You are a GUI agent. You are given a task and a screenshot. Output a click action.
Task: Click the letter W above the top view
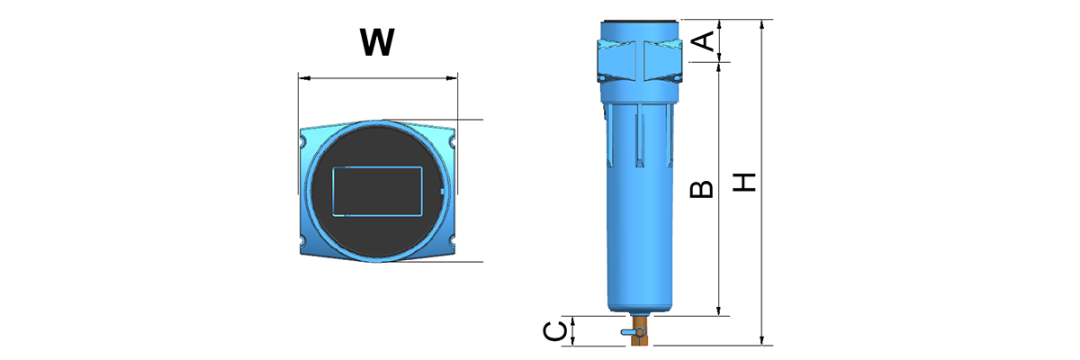[x=377, y=42]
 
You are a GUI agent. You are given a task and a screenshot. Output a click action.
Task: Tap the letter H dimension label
[x=743, y=183]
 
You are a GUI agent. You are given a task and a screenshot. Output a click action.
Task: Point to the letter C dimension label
[x=555, y=331]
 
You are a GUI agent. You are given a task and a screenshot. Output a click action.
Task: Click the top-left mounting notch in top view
[x=303, y=141]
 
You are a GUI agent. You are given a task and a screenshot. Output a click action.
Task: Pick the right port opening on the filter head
[x=661, y=61]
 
